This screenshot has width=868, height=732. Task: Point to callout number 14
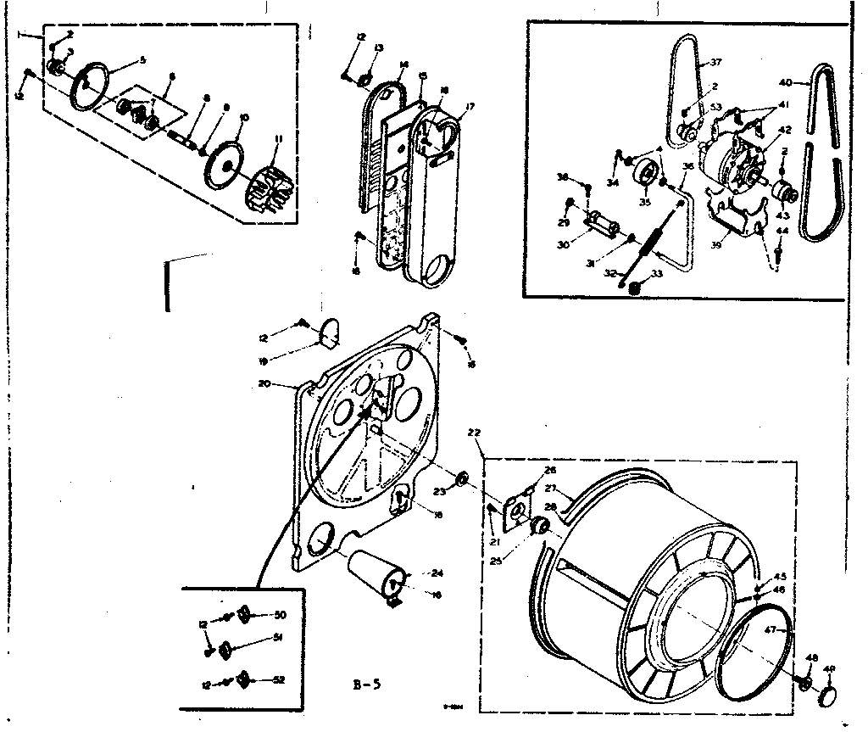tap(403, 64)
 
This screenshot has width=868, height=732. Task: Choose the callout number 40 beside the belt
tap(785, 82)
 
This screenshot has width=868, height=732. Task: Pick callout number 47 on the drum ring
tap(770, 629)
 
